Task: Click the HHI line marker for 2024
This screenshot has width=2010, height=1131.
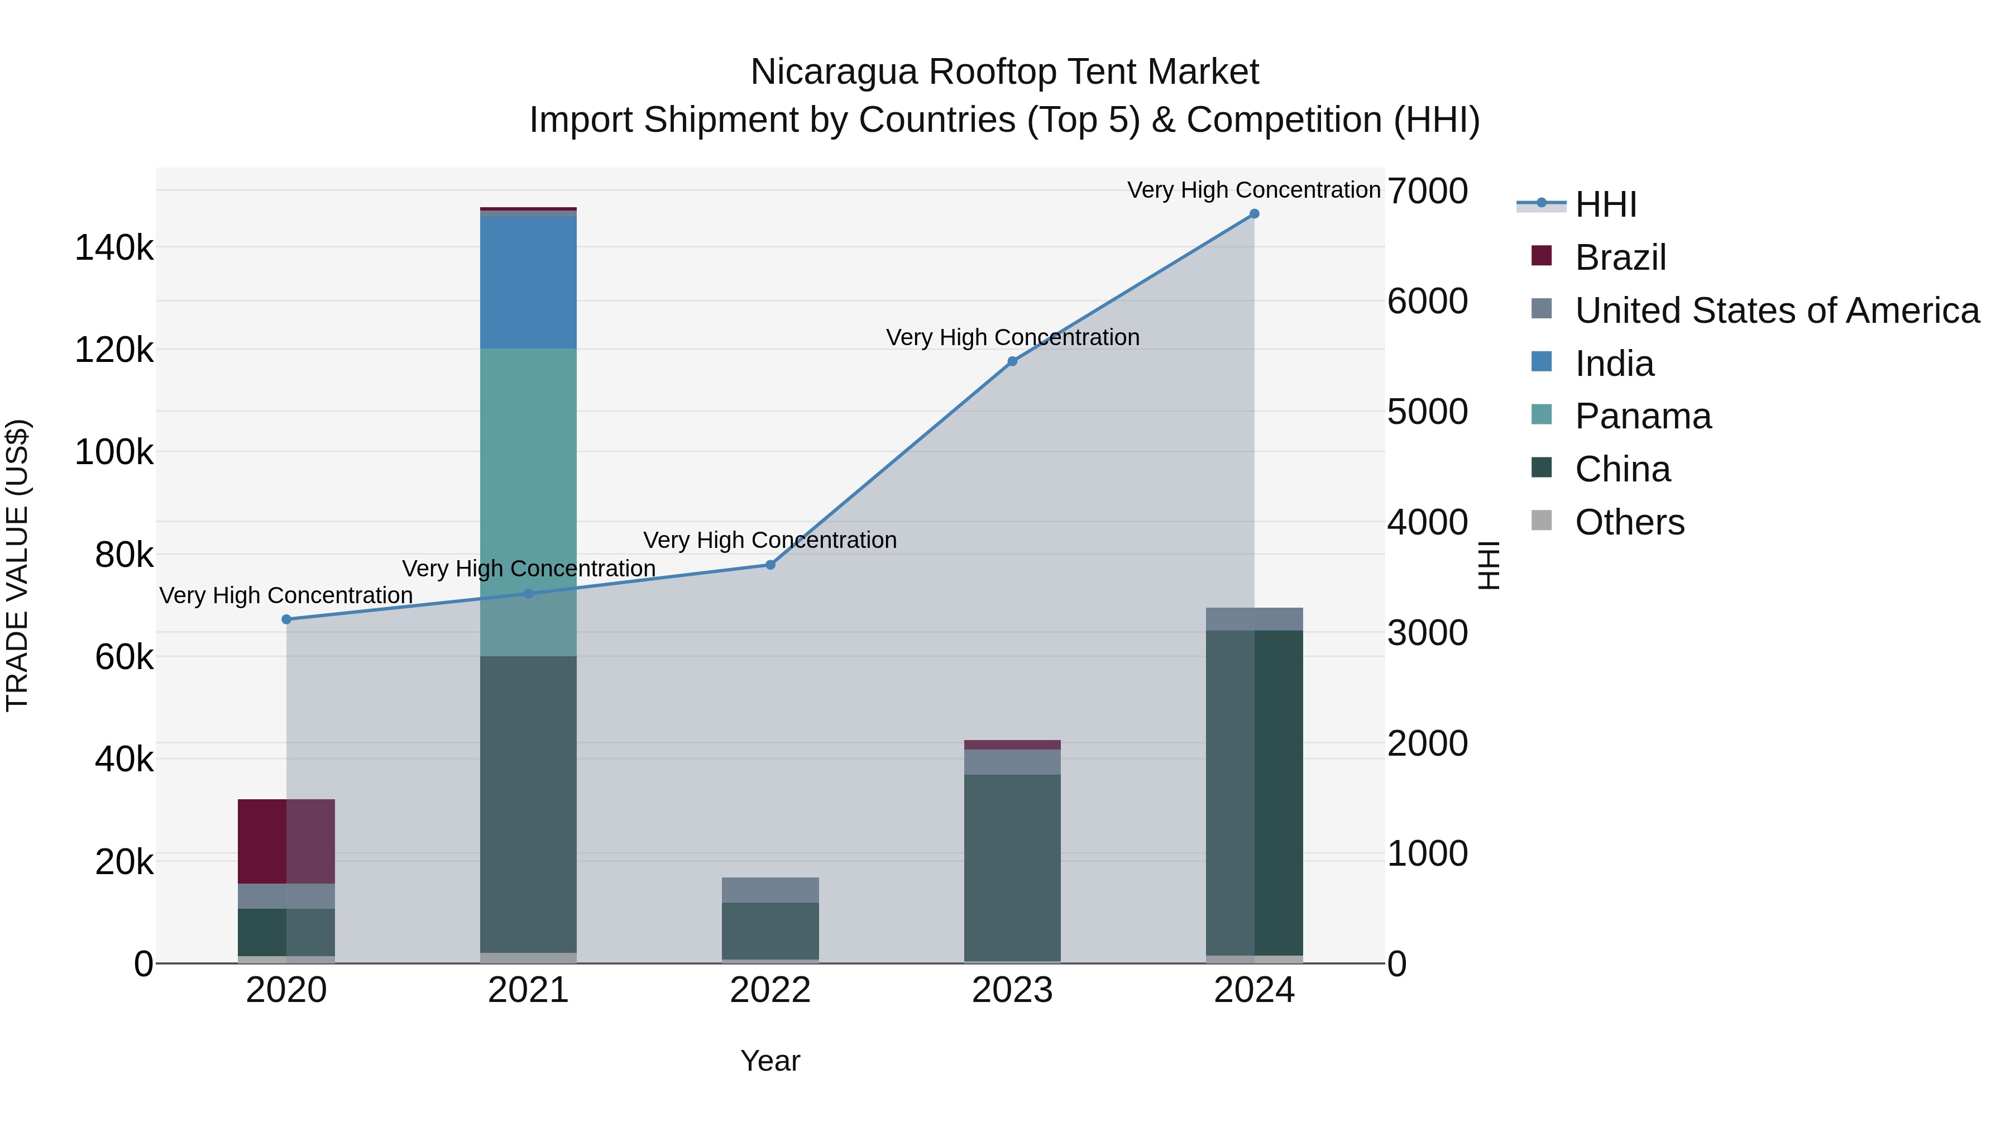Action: click(x=1254, y=214)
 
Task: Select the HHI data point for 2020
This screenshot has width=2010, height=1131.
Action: click(x=286, y=619)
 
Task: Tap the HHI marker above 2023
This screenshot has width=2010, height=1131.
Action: click(x=1012, y=361)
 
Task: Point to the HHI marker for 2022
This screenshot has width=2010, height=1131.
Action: click(x=770, y=564)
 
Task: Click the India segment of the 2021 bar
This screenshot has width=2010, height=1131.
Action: click(x=528, y=282)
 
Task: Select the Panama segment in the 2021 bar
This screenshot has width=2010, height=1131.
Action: click(x=528, y=502)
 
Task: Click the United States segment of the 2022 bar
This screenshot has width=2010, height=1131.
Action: click(x=770, y=890)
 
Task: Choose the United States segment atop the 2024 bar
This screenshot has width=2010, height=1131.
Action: click(x=1254, y=619)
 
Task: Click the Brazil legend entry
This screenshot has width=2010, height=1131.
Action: click(x=1620, y=257)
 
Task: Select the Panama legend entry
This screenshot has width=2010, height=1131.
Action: click(x=1643, y=416)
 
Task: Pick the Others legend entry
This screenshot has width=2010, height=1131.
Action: click(x=1629, y=522)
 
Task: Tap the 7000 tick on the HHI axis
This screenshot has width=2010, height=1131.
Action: click(x=1427, y=191)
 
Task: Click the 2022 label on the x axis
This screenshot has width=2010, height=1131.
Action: click(x=770, y=990)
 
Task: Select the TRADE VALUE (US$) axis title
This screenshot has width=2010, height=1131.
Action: click(x=17, y=565)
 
